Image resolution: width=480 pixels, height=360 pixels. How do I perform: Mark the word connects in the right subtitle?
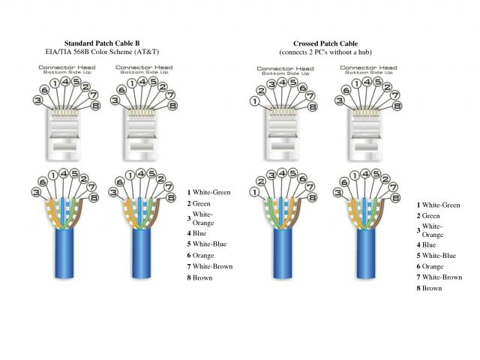point(294,53)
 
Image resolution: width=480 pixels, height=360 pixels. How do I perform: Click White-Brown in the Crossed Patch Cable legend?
point(442,277)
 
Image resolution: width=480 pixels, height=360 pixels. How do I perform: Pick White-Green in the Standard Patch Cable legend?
point(211,193)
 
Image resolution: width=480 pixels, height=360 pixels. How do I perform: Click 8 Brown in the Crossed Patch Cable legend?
point(429,288)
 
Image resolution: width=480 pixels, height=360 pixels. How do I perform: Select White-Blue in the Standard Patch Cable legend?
point(209,244)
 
